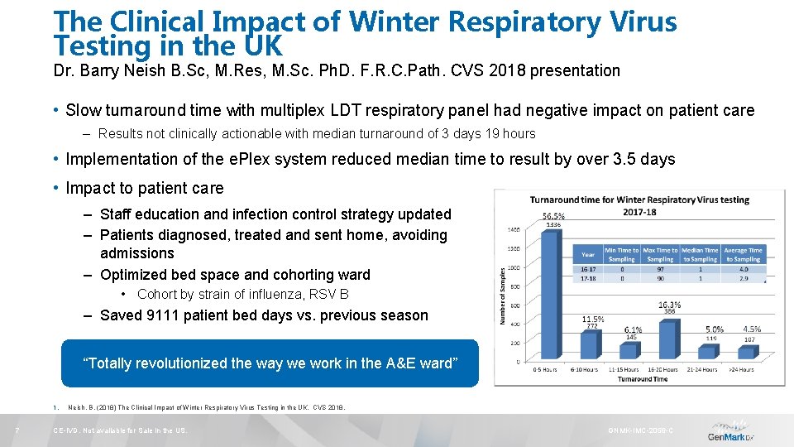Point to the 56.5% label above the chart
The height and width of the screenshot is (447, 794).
[553, 216]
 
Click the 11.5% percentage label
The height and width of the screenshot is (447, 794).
[592, 319]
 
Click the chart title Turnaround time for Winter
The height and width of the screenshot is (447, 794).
[639, 199]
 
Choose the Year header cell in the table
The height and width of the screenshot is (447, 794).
[587, 254]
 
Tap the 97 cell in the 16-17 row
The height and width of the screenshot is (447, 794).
[660, 269]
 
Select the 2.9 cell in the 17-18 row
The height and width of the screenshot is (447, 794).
[743, 279]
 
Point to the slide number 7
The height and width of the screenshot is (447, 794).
[17, 430]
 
